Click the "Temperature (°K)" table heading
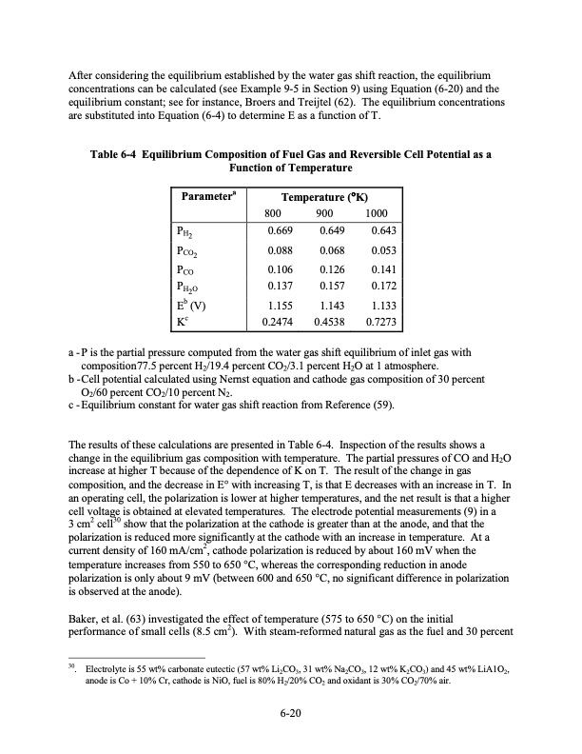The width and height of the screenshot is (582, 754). [328, 197]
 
